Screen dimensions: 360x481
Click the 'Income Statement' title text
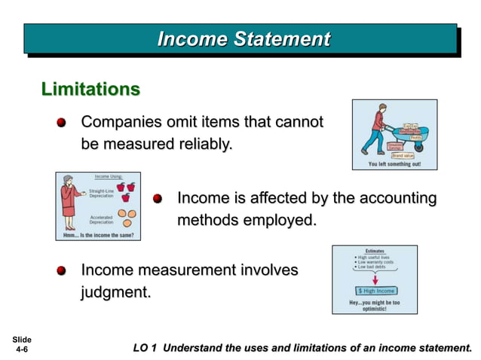tap(243, 39)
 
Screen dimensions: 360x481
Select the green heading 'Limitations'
tap(90, 89)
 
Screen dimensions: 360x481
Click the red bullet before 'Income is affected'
tap(158, 199)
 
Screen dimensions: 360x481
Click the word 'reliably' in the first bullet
tap(198, 143)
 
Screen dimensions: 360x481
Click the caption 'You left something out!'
tap(394, 163)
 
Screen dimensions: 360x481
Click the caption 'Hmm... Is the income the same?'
tap(98, 236)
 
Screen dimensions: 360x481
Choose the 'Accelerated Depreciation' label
tap(101, 219)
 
